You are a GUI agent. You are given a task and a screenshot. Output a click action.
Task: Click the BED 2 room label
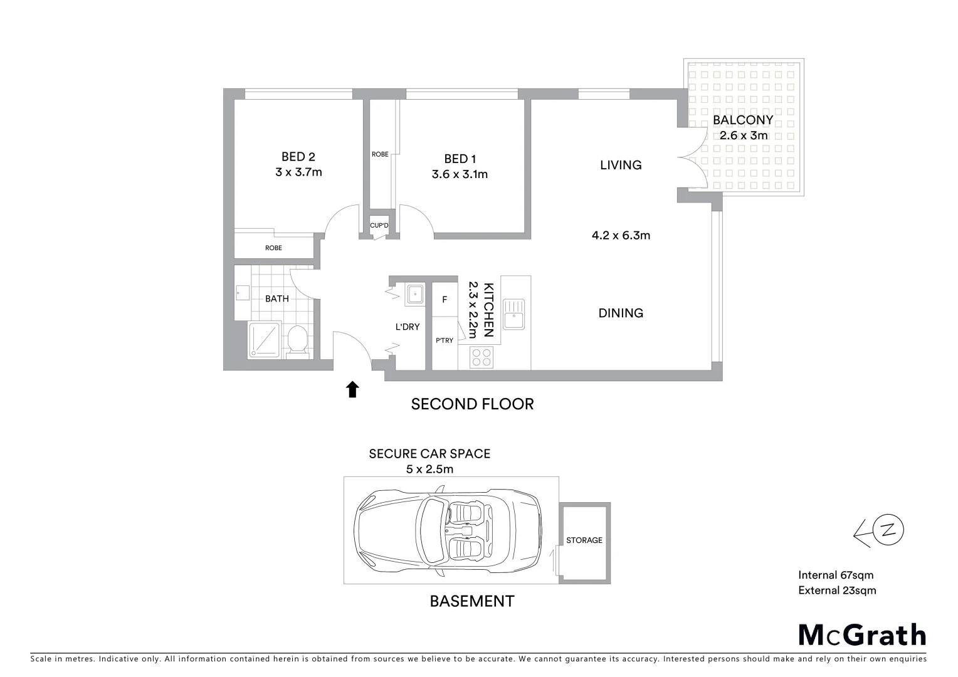[298, 157]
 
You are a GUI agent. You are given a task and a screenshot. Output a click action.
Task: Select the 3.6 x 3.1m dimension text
[460, 174]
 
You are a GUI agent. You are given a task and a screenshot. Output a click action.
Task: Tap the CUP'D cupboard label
[379, 226]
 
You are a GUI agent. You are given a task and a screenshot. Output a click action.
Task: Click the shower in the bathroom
[265, 340]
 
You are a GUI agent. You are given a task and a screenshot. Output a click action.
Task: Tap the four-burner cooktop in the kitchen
[482, 357]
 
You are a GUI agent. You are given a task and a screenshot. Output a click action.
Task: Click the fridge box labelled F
[445, 300]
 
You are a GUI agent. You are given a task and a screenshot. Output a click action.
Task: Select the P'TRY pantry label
[445, 340]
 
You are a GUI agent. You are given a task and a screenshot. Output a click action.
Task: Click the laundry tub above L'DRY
[414, 293]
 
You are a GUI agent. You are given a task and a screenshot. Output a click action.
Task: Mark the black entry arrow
[353, 389]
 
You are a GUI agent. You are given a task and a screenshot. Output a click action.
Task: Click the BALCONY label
[743, 120]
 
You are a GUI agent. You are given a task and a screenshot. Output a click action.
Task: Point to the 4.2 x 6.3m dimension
[621, 236]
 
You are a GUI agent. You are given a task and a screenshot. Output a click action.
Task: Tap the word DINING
[621, 313]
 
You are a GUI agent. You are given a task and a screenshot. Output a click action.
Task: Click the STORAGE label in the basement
[584, 540]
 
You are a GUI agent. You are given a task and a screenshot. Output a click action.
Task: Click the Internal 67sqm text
[836, 575]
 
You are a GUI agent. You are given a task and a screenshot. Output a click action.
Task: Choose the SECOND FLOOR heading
[472, 404]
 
